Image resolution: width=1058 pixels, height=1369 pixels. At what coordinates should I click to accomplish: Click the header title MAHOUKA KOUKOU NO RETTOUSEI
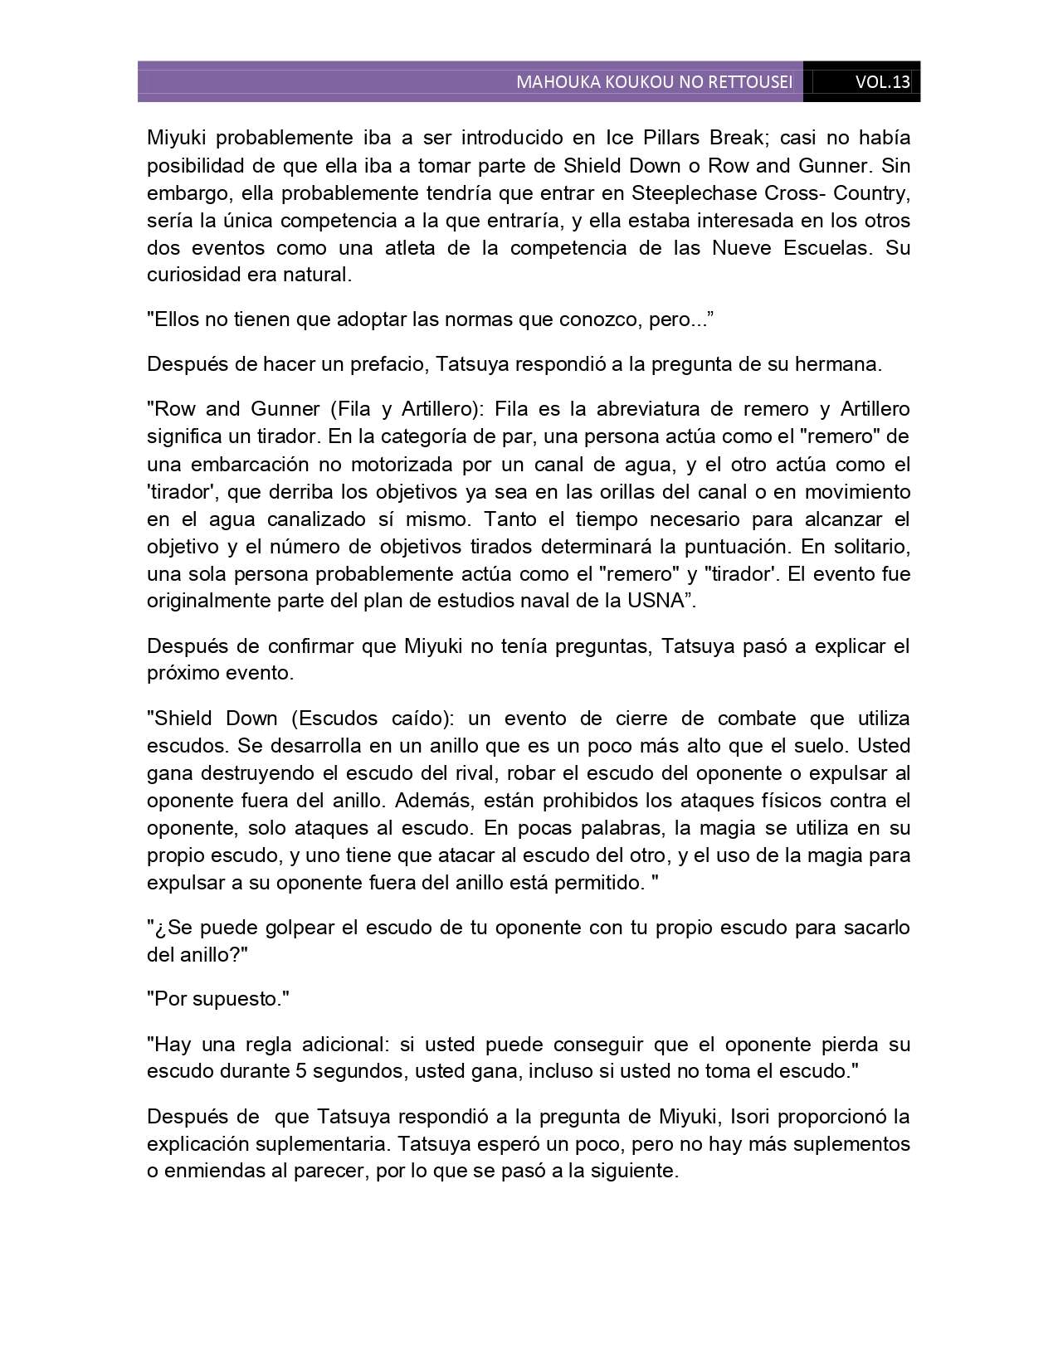coord(654,82)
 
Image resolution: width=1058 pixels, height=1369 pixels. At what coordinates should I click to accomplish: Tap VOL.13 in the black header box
coord(882,82)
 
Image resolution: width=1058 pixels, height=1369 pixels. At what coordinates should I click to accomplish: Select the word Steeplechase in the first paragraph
coord(685,193)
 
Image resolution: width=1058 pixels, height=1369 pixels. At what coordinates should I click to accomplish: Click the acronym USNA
coord(661,602)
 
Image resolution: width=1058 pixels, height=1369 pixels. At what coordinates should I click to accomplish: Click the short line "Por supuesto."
coord(217,999)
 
